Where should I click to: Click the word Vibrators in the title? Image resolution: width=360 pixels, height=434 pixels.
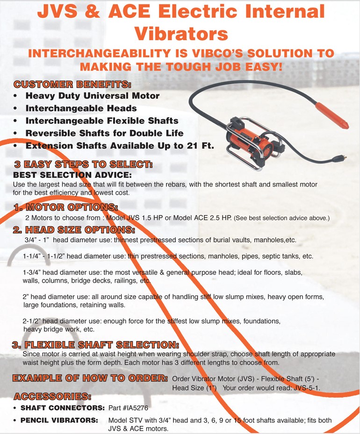(x=181, y=34)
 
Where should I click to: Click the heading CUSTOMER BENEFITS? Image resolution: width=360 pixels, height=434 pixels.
(x=72, y=84)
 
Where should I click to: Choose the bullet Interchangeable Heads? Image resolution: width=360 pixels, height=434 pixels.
(x=81, y=108)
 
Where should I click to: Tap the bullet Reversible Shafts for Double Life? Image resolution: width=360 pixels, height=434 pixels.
(x=104, y=133)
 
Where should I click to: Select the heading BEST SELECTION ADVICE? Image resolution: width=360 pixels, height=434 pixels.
(x=72, y=175)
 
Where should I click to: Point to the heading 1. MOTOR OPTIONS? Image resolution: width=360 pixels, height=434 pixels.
(x=65, y=207)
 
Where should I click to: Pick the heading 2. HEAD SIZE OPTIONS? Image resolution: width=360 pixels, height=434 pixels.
(x=74, y=230)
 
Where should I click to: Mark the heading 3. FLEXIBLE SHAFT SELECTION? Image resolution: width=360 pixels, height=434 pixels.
(x=95, y=345)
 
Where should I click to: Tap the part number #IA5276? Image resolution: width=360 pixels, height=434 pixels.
(x=136, y=408)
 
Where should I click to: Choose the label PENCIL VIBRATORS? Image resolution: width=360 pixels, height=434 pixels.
(x=59, y=420)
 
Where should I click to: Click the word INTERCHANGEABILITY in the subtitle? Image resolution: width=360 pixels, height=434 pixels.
(x=100, y=53)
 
